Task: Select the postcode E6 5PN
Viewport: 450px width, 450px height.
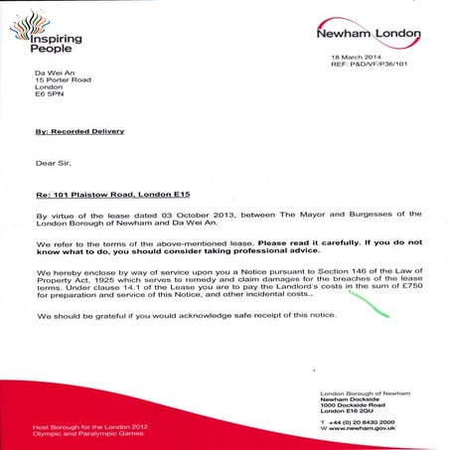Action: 49,97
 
